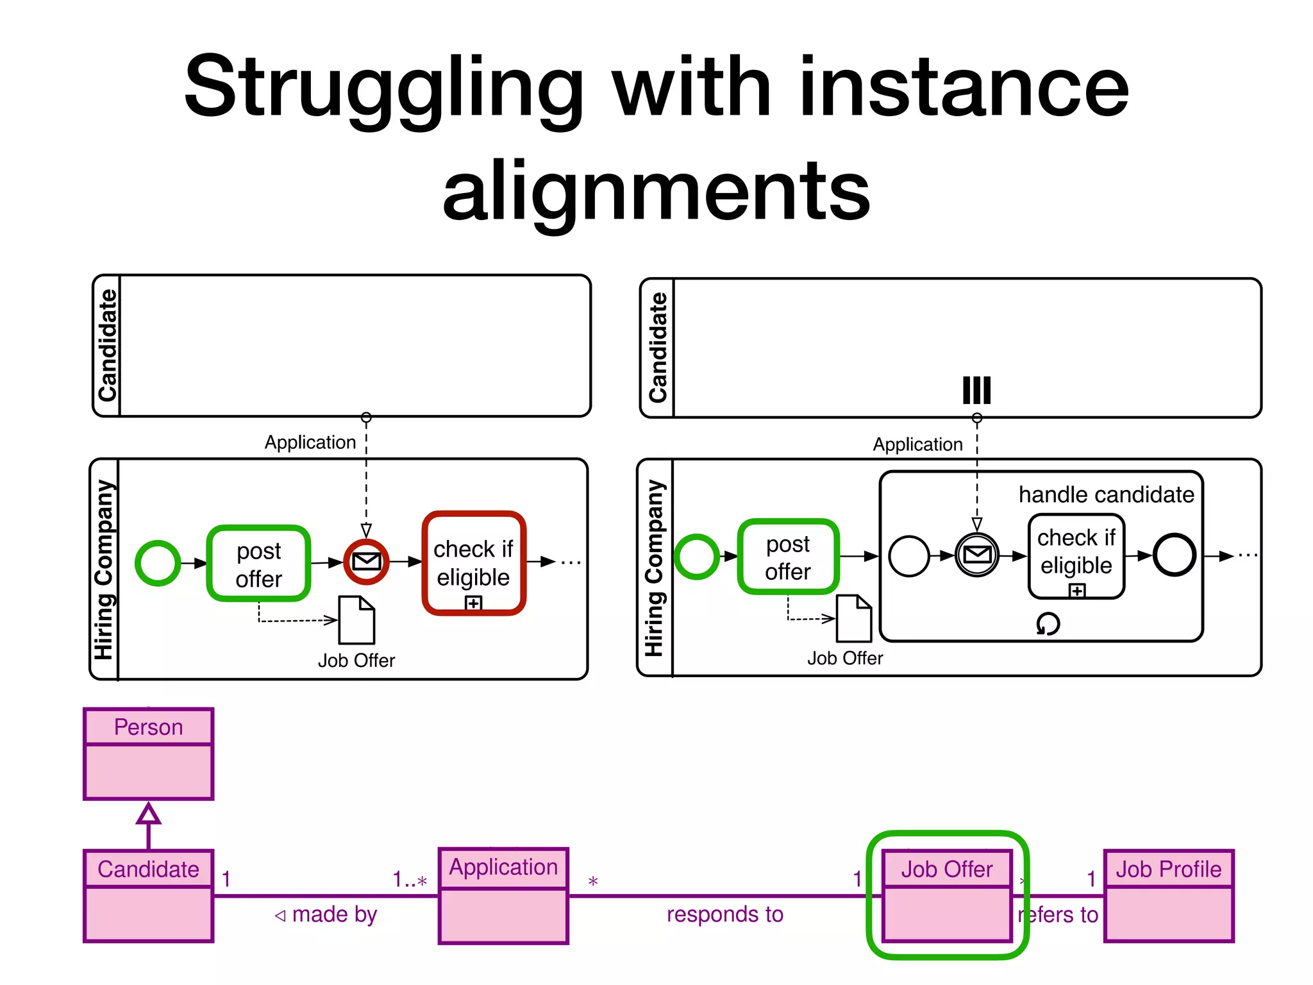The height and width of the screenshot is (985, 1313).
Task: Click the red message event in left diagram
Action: (367, 562)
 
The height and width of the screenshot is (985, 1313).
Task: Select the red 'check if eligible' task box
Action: (474, 563)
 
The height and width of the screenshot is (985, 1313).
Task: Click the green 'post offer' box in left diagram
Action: (259, 564)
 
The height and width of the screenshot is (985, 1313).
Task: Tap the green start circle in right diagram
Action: (696, 556)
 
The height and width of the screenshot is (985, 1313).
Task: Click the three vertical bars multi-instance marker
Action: (976, 390)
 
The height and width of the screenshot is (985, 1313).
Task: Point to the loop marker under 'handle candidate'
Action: (1048, 623)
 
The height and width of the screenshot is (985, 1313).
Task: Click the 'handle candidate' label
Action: (1106, 494)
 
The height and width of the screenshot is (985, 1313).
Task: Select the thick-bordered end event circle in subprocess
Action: (1174, 555)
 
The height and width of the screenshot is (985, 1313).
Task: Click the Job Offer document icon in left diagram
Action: (356, 620)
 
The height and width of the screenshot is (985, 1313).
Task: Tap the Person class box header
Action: (148, 727)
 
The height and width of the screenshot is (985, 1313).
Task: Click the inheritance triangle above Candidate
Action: (148, 814)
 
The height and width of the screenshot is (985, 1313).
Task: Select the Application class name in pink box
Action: (503, 867)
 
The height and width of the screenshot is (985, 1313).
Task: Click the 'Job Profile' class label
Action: (1168, 869)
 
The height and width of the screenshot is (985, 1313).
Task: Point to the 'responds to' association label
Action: (724, 914)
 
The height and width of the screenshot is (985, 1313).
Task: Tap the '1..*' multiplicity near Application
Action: (410, 879)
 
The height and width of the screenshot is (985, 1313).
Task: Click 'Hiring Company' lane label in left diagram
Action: (105, 569)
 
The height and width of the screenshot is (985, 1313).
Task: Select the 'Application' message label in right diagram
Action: (917, 444)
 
